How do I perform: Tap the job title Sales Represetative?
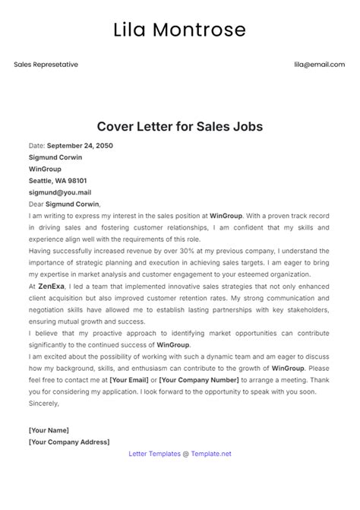46,65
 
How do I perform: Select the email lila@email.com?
320,65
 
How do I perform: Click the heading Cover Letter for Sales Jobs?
180,126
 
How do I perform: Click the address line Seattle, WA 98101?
57,181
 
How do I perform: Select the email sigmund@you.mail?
59,193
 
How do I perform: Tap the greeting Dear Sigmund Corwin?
65,204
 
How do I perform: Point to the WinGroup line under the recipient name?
45,169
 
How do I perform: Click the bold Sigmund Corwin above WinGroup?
55,157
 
